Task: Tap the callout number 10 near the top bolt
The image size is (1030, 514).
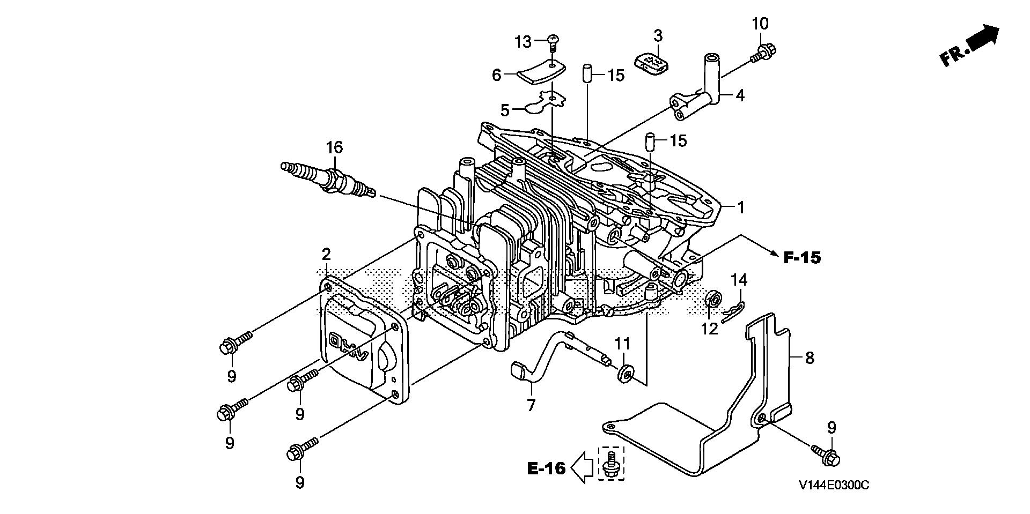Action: (x=760, y=24)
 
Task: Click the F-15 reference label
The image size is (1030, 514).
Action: (x=801, y=258)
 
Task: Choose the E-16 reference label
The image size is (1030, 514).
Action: (x=547, y=468)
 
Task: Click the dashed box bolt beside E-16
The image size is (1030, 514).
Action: (x=610, y=464)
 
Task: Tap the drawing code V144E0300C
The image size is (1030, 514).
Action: (x=833, y=485)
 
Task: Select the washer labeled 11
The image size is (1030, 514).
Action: (x=624, y=373)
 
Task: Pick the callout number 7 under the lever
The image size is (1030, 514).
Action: (x=531, y=405)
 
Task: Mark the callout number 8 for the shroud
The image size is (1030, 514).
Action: (x=810, y=357)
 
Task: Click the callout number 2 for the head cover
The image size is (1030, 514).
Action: (x=326, y=254)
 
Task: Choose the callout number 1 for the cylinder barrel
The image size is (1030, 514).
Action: (x=741, y=207)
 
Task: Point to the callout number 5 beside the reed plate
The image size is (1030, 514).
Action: (x=505, y=110)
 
